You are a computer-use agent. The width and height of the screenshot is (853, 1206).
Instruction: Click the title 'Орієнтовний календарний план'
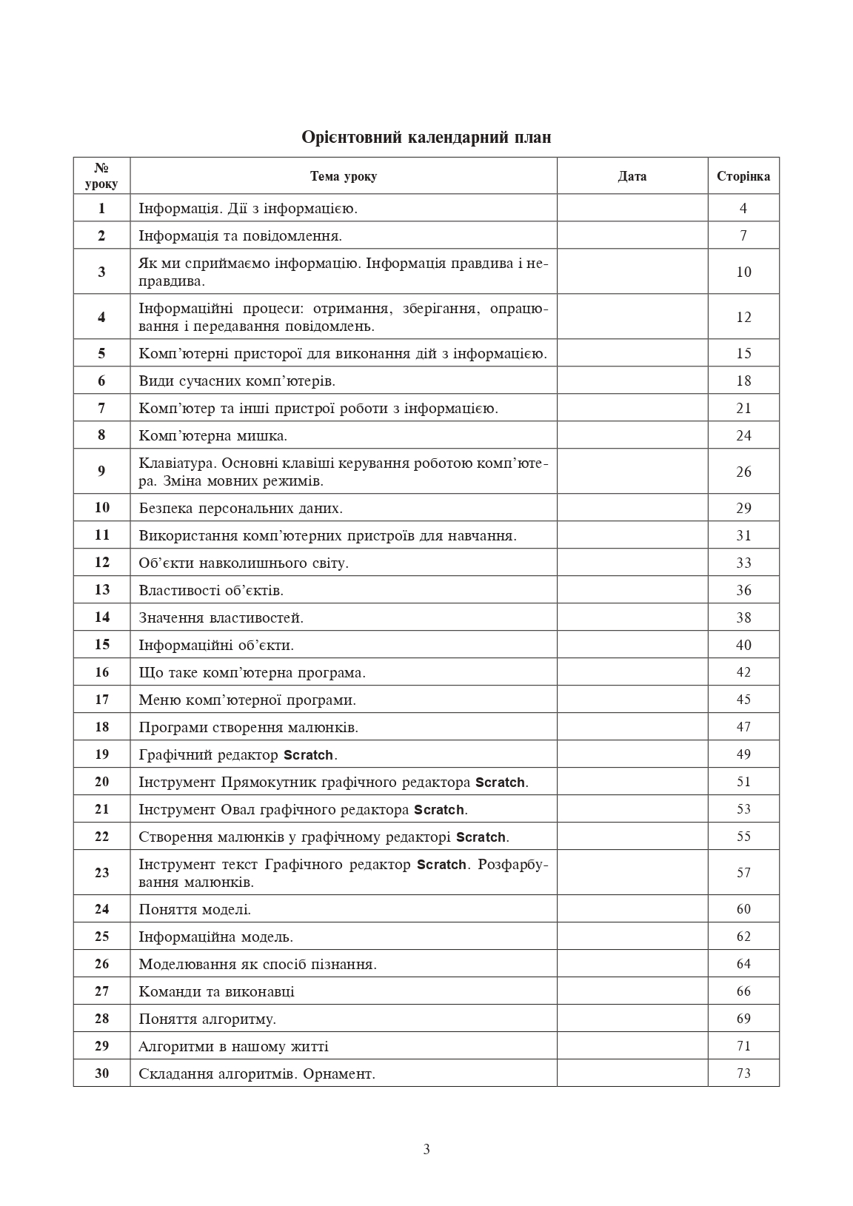(426, 137)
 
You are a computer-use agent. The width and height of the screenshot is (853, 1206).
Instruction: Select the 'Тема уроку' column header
(343, 176)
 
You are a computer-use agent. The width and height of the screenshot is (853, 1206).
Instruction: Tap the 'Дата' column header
(632, 176)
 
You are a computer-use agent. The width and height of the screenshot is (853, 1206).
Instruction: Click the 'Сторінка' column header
(743, 176)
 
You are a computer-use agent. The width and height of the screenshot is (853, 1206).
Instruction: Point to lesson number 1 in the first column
(101, 208)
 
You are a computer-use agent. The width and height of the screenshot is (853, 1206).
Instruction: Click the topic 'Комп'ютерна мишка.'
(213, 435)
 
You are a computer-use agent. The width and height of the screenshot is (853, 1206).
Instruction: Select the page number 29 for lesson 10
(743, 508)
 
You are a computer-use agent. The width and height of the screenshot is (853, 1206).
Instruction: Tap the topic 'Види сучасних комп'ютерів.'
(237, 381)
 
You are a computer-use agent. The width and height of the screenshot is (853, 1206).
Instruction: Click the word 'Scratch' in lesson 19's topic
(308, 755)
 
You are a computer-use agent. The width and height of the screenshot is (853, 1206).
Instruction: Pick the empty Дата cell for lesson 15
(632, 645)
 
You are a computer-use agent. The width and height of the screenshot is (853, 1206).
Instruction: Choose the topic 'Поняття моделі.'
(195, 909)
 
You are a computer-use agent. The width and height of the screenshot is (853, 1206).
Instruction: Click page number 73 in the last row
(743, 1073)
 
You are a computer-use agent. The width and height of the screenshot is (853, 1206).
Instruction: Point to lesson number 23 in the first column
(101, 873)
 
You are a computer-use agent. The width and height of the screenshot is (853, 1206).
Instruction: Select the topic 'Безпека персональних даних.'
(241, 508)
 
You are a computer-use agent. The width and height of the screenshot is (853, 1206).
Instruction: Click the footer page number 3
(426, 1150)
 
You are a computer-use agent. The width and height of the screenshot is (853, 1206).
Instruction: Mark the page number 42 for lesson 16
(743, 672)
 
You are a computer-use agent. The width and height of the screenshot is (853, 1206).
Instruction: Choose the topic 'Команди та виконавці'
(216, 991)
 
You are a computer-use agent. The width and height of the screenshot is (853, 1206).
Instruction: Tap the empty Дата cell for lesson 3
(632, 272)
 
